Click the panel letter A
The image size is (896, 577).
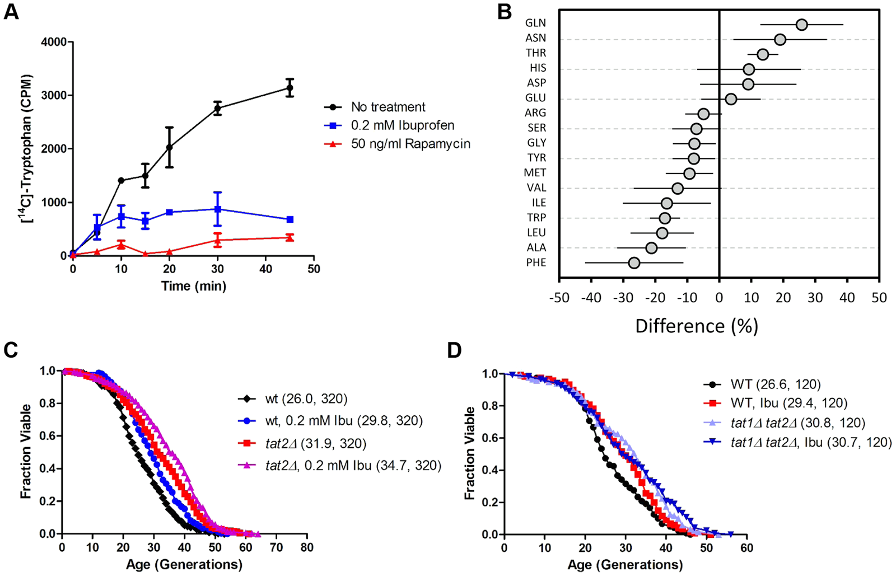click(11, 11)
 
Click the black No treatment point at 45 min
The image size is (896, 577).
click(290, 88)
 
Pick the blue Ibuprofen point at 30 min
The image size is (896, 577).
click(217, 209)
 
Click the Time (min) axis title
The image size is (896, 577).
click(194, 286)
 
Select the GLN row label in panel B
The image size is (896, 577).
click(535, 24)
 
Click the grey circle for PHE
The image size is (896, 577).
click(634, 263)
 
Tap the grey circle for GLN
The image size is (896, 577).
click(802, 25)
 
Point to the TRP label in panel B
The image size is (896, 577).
click(536, 218)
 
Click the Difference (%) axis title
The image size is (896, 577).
click(697, 326)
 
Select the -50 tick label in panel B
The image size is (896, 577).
click(559, 298)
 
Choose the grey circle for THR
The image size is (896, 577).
click(763, 54)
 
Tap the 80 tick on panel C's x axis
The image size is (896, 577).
click(306, 547)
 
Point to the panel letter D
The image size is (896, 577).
click(454, 351)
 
